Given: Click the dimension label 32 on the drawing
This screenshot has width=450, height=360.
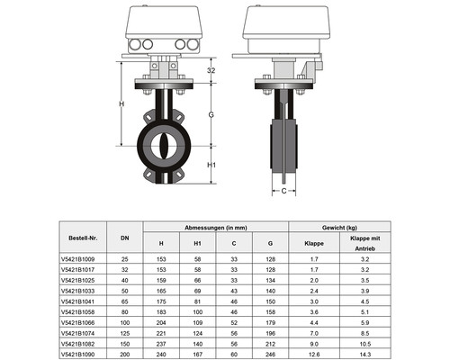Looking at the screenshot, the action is click(x=211, y=70).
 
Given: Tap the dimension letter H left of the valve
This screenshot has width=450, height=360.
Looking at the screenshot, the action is click(x=121, y=103).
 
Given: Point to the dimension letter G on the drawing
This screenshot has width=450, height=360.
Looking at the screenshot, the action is click(x=211, y=114).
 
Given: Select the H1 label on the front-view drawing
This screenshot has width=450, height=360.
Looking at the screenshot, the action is click(x=211, y=165).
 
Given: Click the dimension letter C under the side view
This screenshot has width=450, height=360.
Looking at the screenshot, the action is click(x=283, y=191).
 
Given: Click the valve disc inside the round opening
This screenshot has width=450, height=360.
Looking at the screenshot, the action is click(x=164, y=146).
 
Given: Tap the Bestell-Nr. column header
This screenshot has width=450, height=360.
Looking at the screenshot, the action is click(x=83, y=238).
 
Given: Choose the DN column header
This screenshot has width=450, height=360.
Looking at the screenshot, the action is click(x=125, y=238).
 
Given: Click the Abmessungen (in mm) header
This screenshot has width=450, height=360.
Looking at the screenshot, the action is click(x=216, y=228).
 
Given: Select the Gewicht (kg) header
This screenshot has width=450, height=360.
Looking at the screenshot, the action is click(x=339, y=228).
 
